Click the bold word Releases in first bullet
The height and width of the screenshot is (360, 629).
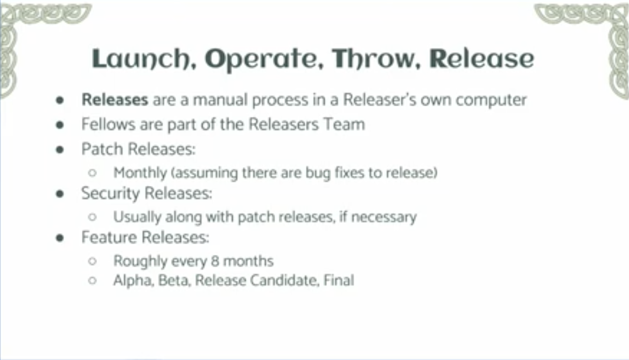click(x=115, y=100)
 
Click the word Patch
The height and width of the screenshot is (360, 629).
click(x=102, y=149)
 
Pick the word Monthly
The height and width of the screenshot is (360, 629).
click(x=140, y=173)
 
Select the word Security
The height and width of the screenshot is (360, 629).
click(x=110, y=193)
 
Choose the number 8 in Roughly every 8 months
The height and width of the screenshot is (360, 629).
click(x=215, y=261)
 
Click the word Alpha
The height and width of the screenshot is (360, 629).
click(x=133, y=280)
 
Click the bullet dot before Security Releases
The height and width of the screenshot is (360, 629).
click(x=60, y=194)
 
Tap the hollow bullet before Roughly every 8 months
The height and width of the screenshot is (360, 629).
click(x=92, y=261)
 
